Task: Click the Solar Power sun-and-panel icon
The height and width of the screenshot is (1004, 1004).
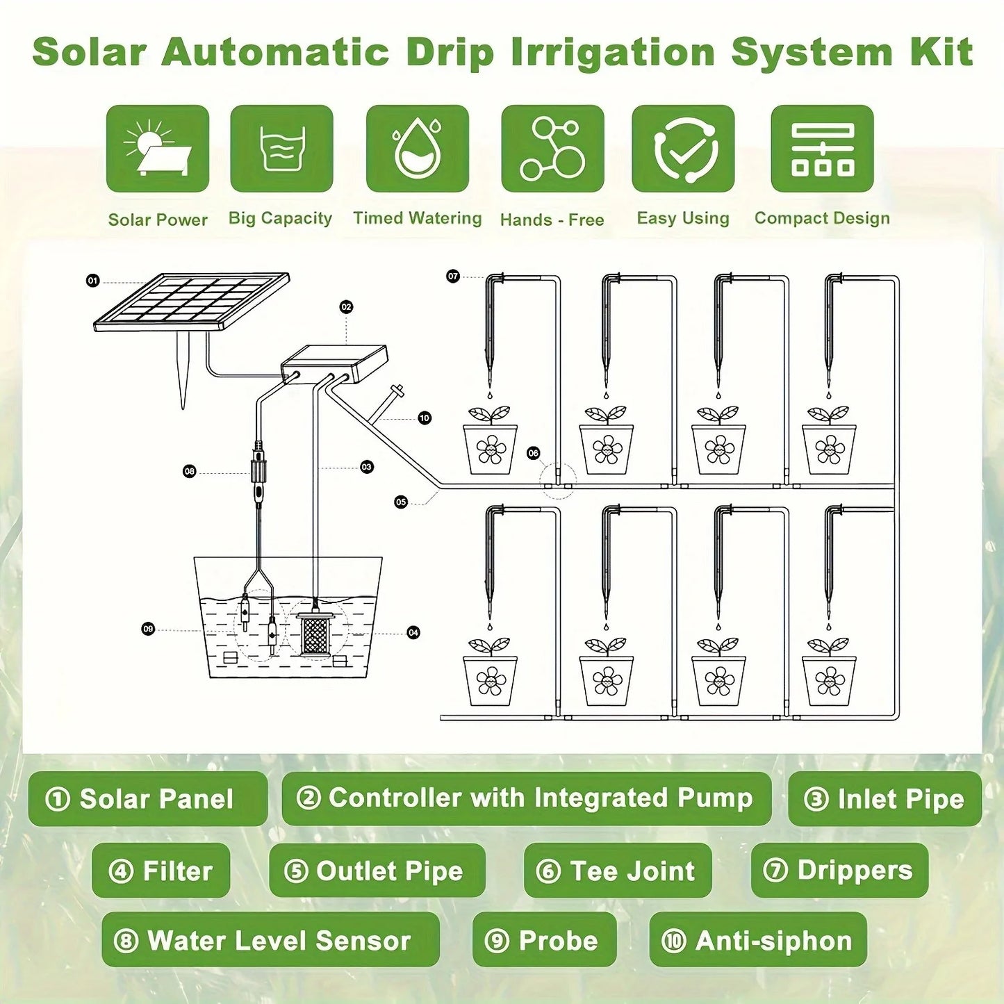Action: pos(158,149)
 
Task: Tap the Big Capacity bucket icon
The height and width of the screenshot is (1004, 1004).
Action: pos(281,149)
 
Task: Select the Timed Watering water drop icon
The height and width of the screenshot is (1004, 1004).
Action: pos(418,149)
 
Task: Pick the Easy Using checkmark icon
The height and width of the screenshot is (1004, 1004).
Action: pos(683,149)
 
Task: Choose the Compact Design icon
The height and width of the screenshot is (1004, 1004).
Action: pos(822,149)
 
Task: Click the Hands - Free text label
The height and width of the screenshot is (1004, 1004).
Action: pos(552,220)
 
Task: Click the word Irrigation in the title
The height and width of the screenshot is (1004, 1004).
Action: pos(614,53)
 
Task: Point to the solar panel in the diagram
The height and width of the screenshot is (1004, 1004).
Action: pos(192,300)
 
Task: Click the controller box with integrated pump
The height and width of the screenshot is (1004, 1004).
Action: pos(334,363)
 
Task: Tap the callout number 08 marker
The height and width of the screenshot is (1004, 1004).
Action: pos(189,472)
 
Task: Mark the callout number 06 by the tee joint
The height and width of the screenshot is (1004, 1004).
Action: pos(533,453)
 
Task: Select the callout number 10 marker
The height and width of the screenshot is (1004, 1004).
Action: pos(425,418)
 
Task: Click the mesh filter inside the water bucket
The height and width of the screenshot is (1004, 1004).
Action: pos(315,631)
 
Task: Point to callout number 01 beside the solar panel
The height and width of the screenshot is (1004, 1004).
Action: pos(92,281)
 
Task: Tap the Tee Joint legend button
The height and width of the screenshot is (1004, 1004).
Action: pos(617,871)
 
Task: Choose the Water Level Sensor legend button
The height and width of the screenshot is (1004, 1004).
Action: pos(270,940)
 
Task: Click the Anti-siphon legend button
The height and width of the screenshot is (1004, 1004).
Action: pos(757,940)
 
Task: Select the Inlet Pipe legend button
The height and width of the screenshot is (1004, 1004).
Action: pos(884,799)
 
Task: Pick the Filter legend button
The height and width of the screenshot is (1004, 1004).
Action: pos(161,871)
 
